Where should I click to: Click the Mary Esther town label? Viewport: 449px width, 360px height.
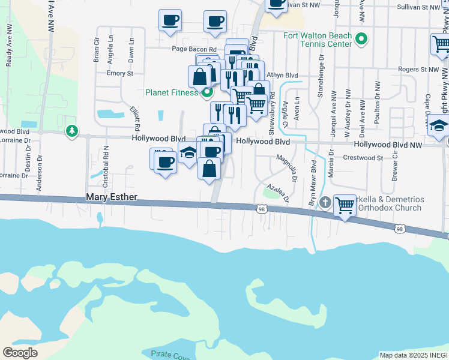(112, 197)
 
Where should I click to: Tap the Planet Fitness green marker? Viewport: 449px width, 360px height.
(207, 92)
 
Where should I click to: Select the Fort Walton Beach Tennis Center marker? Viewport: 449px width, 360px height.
(361, 40)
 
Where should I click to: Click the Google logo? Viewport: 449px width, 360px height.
(20, 353)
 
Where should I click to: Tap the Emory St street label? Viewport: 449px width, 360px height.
(119, 73)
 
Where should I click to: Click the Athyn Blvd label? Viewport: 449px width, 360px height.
(282, 75)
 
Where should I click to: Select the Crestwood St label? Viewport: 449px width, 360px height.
(363, 158)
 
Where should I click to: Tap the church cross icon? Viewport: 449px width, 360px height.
(325, 203)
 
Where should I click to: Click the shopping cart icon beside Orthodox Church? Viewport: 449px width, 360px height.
(345, 205)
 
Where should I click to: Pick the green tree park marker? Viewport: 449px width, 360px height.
(72, 130)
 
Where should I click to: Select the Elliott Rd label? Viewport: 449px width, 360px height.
(134, 119)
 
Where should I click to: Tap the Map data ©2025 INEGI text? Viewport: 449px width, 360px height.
(413, 355)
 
